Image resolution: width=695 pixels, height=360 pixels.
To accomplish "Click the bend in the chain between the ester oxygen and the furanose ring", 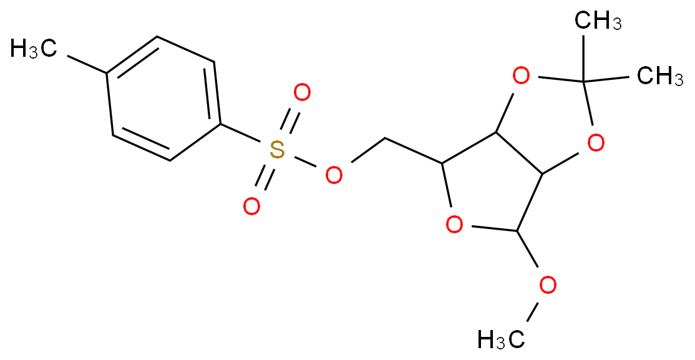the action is pyautogui.click(x=385, y=138).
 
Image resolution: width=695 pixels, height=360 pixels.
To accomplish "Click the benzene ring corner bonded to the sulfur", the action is pyautogui.click(x=220, y=125).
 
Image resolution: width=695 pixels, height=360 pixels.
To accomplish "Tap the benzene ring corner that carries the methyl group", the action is pyautogui.click(x=107, y=73).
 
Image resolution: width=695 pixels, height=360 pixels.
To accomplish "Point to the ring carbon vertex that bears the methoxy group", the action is pyautogui.click(x=517, y=231).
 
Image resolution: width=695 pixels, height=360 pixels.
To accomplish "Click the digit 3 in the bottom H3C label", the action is pyautogui.click(x=502, y=344).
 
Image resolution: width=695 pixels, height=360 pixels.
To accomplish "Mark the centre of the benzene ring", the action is pyautogui.click(x=163, y=99).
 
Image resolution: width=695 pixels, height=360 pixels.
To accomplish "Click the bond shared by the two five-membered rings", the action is pyautogui.click(x=518, y=152).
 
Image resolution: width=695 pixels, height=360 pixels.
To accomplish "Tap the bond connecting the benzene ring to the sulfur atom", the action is pyautogui.click(x=240, y=134).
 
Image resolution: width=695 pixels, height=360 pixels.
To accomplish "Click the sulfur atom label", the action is pyautogui.click(x=276, y=149).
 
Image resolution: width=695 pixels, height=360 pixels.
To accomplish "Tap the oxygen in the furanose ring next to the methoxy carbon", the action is pyautogui.click(x=454, y=225).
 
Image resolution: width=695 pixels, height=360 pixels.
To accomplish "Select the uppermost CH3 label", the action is pyautogui.click(x=598, y=21).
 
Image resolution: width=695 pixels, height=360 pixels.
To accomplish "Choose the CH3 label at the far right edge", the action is pyautogui.click(x=660, y=76).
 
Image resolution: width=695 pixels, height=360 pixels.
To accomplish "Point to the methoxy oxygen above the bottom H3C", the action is pyautogui.click(x=548, y=285).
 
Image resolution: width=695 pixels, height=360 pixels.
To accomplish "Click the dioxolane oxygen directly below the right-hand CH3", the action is pyautogui.click(x=596, y=143).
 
